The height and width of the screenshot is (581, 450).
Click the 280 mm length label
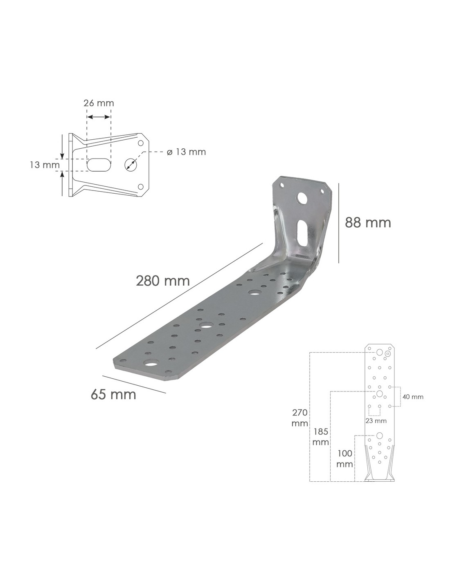tap(163, 281)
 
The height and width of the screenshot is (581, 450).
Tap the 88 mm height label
tap(368, 222)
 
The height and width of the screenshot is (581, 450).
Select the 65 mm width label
tap(113, 394)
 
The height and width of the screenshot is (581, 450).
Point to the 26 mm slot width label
tap(99, 103)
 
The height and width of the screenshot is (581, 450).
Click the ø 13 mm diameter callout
tap(186, 152)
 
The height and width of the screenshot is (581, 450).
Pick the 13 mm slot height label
tap(45, 165)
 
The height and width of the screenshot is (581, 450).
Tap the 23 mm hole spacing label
tap(376, 421)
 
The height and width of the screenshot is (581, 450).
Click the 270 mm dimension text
tap(300, 418)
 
